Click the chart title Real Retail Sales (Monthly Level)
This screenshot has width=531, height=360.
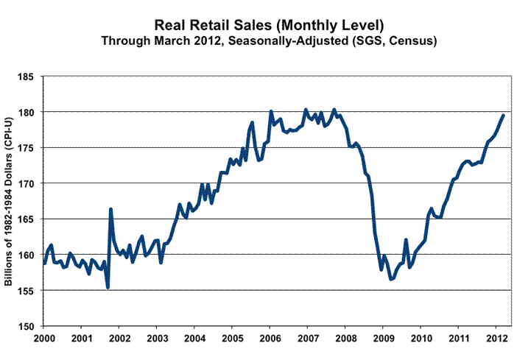tap(270, 23)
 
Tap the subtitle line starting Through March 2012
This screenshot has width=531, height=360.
tap(270, 40)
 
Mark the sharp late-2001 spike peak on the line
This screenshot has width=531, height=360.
tap(110, 209)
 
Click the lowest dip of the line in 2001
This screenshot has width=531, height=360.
tap(108, 287)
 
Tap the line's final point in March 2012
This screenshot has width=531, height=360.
tap(503, 115)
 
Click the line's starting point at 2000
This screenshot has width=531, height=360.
tap(44, 263)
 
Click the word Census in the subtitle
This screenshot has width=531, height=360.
tap(416, 40)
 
